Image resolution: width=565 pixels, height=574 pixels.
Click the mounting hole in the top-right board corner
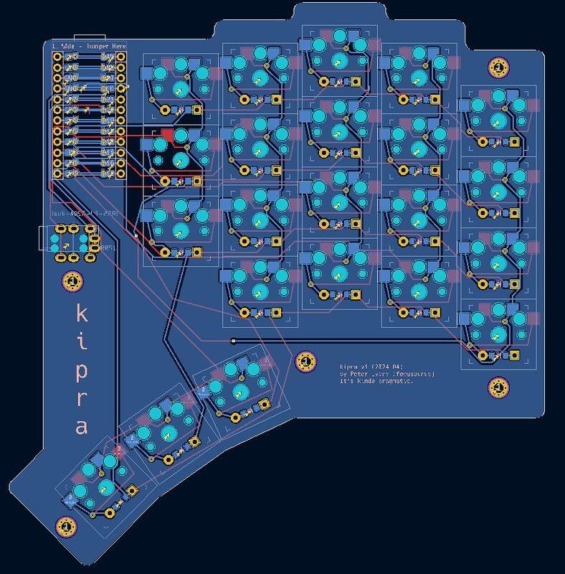coord(498,67)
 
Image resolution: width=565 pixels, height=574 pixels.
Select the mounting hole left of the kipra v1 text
coord(305,362)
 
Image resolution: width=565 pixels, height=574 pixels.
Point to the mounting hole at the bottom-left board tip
coord(66,527)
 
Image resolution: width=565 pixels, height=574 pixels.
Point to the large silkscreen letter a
coord(82,428)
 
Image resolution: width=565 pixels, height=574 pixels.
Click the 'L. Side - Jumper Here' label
coord(89,47)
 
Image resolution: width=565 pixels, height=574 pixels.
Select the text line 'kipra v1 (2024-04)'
coord(376,365)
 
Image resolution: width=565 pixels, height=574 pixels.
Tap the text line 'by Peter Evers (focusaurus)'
coord(388,374)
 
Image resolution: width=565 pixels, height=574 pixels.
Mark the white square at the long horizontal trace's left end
coord(234,339)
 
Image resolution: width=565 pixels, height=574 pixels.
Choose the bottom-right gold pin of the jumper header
coord(120,174)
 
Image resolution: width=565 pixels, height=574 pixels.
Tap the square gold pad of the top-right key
coord(515,141)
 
